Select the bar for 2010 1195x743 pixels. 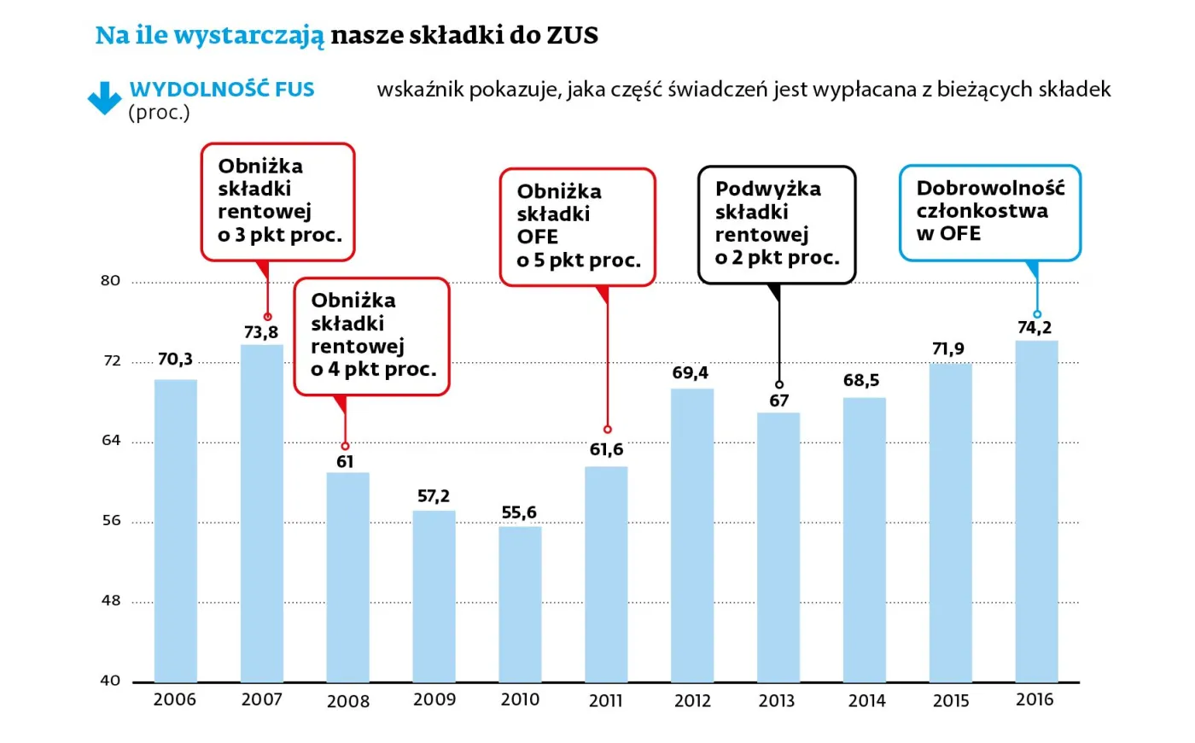coord(520,604)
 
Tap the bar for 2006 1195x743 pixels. coord(175,529)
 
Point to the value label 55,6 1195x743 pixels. coord(519,512)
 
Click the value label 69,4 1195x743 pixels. coord(690,372)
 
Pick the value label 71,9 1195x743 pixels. coord(947,348)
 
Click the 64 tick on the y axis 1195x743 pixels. coord(111,441)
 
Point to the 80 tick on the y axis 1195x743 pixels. coord(110,281)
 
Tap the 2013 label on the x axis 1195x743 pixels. coord(777,701)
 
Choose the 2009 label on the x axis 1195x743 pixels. coord(434,699)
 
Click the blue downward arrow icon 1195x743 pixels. coord(104,98)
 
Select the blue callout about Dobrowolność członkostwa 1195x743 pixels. coord(990,213)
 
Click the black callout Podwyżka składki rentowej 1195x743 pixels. coord(776,224)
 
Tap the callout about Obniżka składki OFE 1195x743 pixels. coord(577,226)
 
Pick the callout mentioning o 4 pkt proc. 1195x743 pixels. coord(372,336)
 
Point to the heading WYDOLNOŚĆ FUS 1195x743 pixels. coord(222,89)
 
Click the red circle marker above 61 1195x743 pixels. coord(345,446)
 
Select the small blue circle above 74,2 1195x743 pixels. coord(1037,314)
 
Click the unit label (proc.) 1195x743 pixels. coord(159,113)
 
